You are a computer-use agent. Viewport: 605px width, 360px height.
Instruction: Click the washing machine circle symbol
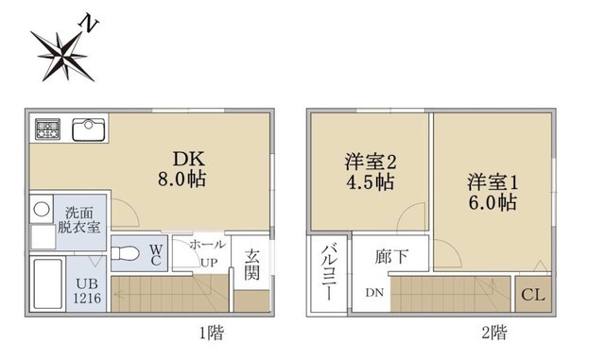point(41,209)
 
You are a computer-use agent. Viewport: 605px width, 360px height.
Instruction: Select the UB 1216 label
point(87,290)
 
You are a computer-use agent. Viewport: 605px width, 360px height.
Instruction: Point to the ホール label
point(207,245)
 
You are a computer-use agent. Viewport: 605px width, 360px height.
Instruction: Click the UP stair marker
point(208,262)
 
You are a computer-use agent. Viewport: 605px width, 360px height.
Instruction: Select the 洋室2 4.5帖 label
point(370,171)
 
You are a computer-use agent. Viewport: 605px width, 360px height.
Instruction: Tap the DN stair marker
point(375,292)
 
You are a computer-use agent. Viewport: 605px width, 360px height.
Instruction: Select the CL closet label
point(532,295)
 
